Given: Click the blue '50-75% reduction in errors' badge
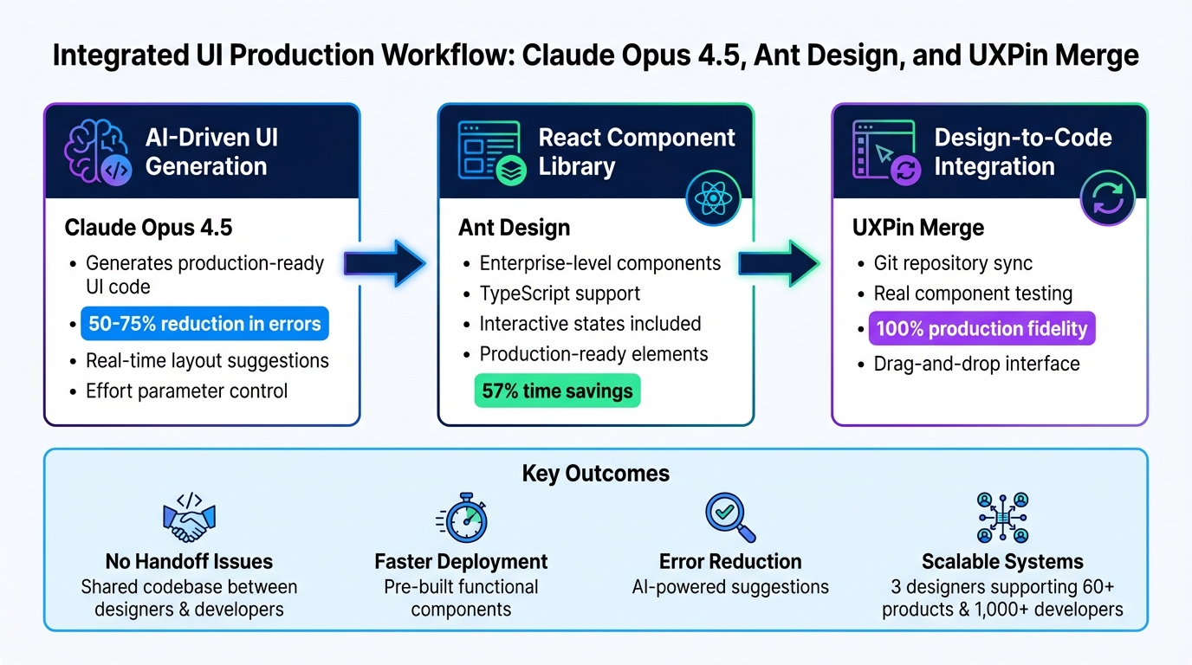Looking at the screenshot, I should click(204, 324).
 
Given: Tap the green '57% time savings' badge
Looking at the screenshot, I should click(557, 391).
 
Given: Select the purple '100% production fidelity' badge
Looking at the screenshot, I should click(981, 329).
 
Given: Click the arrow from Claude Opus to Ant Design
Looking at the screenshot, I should click(384, 263).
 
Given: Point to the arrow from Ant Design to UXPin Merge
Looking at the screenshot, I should click(778, 263).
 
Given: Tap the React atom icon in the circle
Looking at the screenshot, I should click(713, 198).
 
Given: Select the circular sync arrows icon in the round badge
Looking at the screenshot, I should click(1107, 198).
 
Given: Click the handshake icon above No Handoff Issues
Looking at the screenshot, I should click(189, 517).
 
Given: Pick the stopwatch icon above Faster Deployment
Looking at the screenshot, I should click(462, 517).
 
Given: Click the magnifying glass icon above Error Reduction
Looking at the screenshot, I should click(729, 517).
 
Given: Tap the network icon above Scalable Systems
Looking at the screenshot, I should click(1002, 517).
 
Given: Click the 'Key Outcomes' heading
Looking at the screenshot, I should click(595, 474).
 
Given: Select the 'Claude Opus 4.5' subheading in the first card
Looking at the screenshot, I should click(148, 229).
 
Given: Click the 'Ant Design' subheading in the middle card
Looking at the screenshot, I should click(514, 229).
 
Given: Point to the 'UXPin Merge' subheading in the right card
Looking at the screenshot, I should click(918, 229).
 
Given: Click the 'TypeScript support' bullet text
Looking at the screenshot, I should click(560, 294).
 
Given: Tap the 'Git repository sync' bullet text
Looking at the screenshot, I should click(953, 263).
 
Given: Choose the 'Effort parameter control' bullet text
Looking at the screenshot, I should click(186, 391).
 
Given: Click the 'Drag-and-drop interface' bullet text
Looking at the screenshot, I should click(976, 364).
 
